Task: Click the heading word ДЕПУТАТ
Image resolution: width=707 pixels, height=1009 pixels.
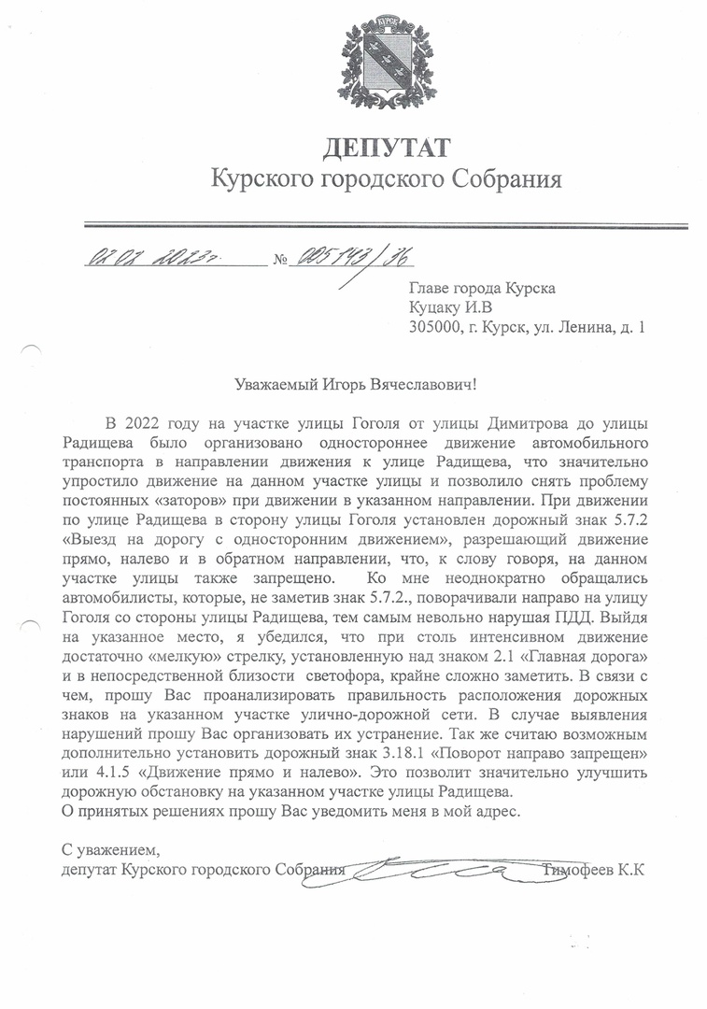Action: coord(386,148)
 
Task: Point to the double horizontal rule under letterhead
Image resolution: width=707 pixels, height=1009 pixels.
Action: coord(386,224)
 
